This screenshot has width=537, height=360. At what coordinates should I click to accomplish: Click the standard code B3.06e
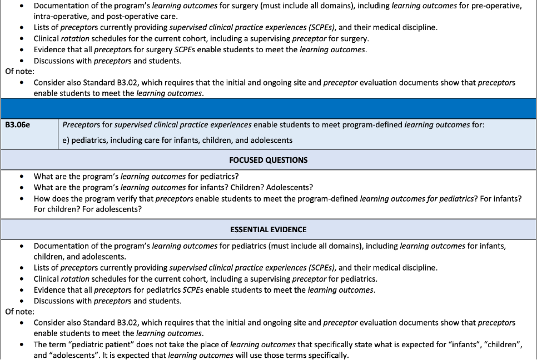[17, 125]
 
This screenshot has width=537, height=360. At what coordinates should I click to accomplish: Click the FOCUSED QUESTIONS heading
[268, 160]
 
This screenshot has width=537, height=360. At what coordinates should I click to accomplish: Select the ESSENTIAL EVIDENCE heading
[268, 229]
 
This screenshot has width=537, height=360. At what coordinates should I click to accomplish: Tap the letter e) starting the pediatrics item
[66, 140]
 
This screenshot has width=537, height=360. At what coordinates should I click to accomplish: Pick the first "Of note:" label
[19, 71]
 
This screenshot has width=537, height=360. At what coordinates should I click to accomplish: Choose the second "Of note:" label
[19, 311]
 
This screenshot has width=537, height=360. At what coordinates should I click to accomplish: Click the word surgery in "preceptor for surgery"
[354, 38]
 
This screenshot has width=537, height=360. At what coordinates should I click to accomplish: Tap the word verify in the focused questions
[141, 198]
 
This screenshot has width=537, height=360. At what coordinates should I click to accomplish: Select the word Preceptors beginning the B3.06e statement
[81, 125]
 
